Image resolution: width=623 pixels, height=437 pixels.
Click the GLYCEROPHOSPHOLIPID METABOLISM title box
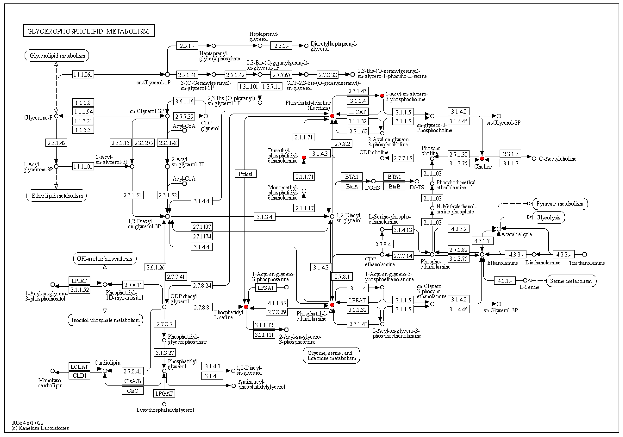89,31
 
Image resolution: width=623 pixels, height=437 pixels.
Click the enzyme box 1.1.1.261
83,74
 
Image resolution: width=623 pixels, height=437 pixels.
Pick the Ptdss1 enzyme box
246,174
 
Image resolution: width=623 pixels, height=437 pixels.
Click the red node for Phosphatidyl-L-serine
246,307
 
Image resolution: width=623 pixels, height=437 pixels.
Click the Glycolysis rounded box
548,217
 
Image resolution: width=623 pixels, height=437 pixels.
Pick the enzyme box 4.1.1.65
277,303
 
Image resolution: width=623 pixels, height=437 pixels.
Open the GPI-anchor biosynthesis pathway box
105,259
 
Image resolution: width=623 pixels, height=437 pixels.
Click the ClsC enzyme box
132,391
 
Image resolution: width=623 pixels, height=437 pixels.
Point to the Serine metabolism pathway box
571,281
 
